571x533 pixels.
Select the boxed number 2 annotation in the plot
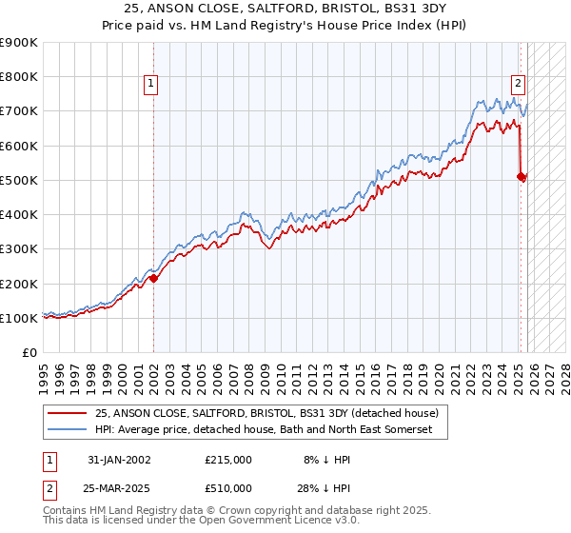[x=517, y=82]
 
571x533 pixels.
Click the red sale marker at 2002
[x=154, y=278]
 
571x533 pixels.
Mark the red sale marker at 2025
[x=522, y=176]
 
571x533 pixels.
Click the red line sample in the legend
[x=68, y=413]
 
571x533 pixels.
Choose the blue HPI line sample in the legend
[x=68, y=430]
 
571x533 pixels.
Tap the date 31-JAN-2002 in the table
[x=119, y=459]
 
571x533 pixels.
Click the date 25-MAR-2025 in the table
[x=119, y=487]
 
